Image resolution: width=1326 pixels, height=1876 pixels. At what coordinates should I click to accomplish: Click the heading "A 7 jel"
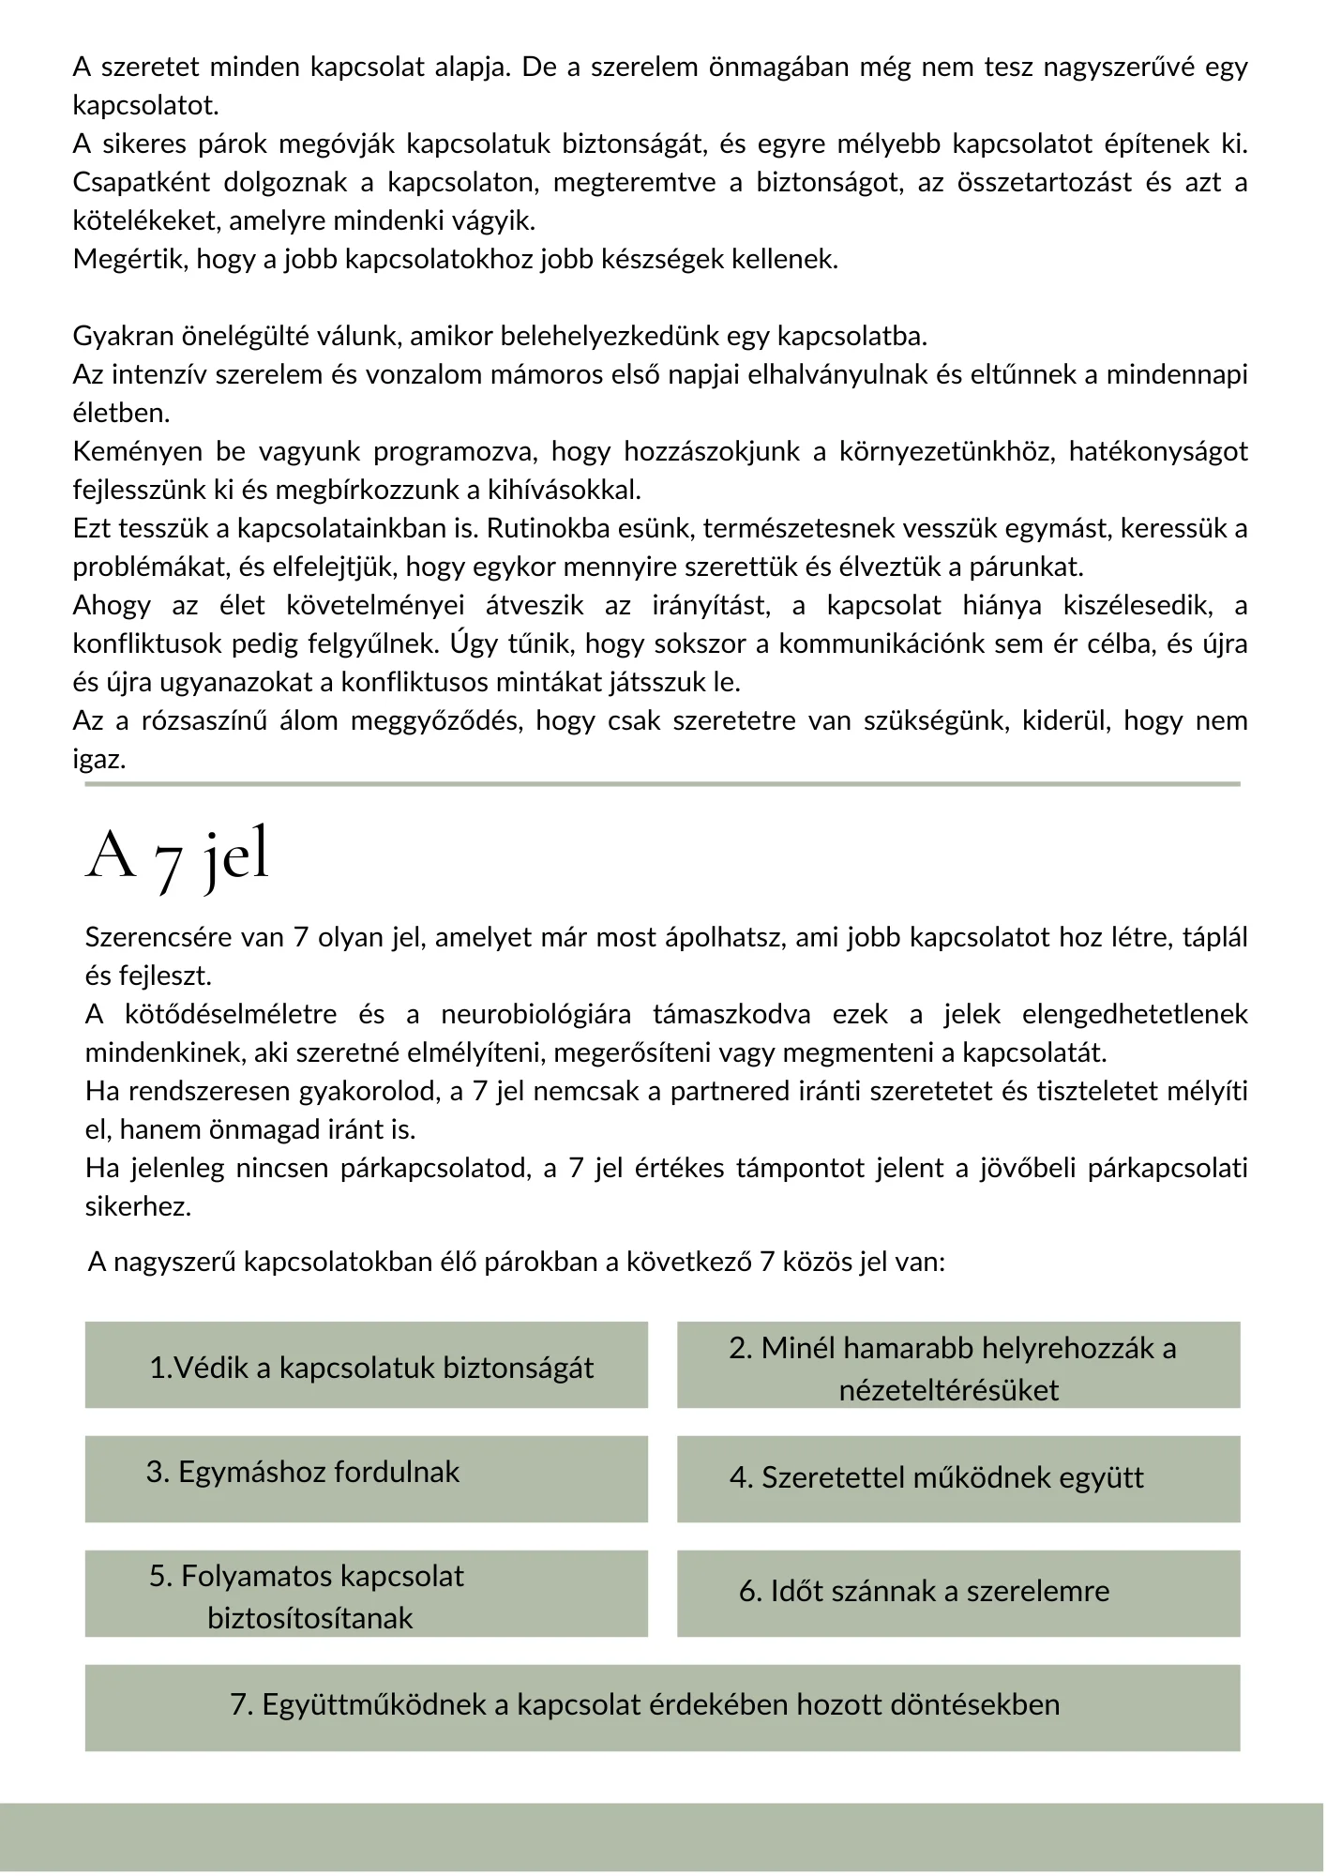tap(177, 855)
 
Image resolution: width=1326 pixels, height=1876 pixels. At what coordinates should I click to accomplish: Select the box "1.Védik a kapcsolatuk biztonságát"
tap(366, 1366)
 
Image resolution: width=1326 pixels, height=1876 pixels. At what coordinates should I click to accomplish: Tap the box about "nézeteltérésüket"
tap(957, 1366)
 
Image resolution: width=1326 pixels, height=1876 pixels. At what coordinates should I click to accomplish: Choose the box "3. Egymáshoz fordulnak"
tap(366, 1479)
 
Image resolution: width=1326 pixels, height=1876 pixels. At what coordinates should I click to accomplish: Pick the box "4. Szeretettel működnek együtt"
tap(957, 1479)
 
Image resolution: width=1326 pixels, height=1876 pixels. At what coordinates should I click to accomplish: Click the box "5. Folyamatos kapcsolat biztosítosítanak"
tap(366, 1594)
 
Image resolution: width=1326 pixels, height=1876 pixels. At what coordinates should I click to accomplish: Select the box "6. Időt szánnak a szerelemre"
tap(957, 1594)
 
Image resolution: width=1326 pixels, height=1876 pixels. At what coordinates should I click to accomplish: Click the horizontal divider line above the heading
tap(662, 783)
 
